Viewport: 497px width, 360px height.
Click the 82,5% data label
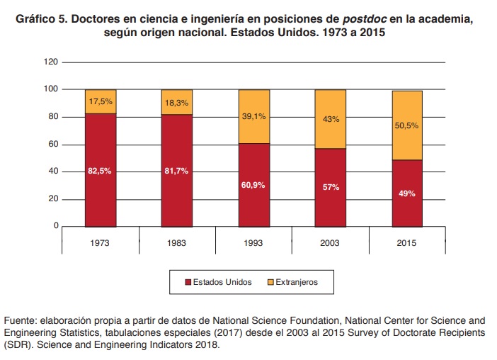(x=101, y=171)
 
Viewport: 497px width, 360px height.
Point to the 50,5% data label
(x=406, y=125)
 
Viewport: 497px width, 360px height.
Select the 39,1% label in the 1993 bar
(x=253, y=116)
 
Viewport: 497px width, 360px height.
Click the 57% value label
(x=330, y=188)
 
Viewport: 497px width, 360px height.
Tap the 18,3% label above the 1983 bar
(x=177, y=103)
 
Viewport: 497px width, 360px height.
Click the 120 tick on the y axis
(x=50, y=62)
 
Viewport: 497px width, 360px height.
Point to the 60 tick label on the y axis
(x=52, y=145)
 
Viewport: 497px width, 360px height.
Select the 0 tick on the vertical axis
(x=55, y=226)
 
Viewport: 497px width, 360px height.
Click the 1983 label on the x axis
(x=177, y=242)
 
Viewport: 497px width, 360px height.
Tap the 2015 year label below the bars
(x=406, y=242)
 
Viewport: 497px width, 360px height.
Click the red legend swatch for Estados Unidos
(x=188, y=282)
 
